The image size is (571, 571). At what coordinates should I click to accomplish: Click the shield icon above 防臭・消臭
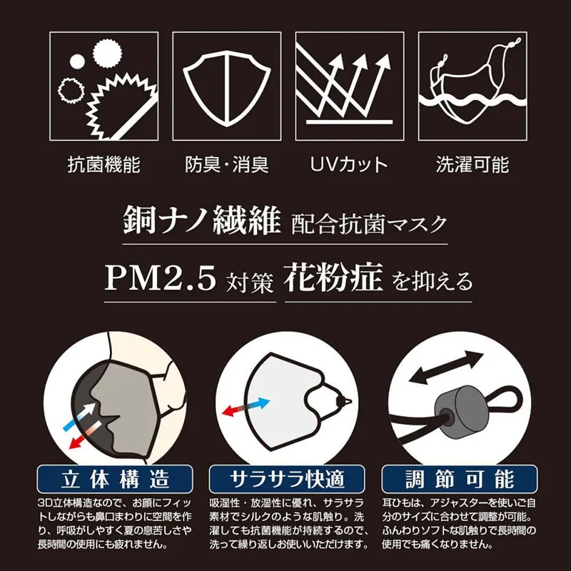226,87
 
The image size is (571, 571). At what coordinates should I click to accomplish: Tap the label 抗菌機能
104,165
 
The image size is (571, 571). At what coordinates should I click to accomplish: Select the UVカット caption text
349,165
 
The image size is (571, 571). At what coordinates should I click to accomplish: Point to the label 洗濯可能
473,165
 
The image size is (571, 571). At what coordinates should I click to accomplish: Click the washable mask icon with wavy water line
473,86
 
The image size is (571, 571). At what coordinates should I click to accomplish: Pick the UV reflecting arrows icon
349,86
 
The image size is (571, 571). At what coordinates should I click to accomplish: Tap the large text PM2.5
160,278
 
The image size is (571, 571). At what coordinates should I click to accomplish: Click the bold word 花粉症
333,278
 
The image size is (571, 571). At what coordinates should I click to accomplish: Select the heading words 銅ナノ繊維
202,220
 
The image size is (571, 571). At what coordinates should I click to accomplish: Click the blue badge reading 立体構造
115,479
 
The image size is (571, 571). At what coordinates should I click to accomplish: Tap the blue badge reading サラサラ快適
287,479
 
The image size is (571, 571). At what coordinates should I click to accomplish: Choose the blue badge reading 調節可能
460,479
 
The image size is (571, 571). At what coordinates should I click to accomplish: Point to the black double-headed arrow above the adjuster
446,367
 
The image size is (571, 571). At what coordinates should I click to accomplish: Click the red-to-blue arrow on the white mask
246,407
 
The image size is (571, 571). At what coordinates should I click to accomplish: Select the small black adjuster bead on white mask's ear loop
343,400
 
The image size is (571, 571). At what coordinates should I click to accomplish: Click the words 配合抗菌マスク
368,223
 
